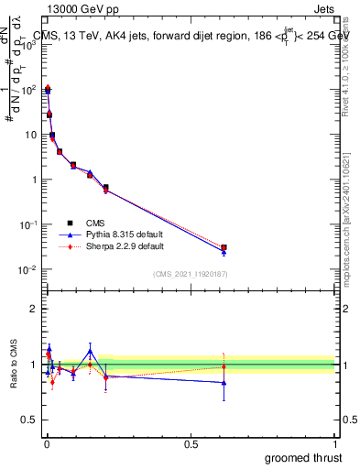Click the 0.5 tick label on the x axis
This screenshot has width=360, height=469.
[x=191, y=443]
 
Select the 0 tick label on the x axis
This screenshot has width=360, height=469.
[x=46, y=443]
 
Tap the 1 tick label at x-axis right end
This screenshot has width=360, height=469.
[x=335, y=443]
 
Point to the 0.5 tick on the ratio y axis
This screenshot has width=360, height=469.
[x=29, y=421]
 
